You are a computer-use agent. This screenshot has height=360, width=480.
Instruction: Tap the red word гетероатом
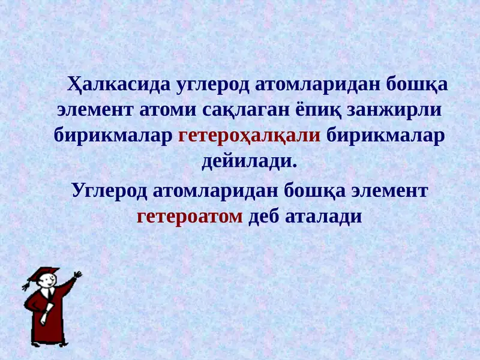[190, 215]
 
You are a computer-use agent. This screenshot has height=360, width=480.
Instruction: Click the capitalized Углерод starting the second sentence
[110, 190]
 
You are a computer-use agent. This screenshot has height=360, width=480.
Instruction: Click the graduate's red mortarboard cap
[43, 274]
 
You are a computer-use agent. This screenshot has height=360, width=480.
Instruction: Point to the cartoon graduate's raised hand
[76, 275]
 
